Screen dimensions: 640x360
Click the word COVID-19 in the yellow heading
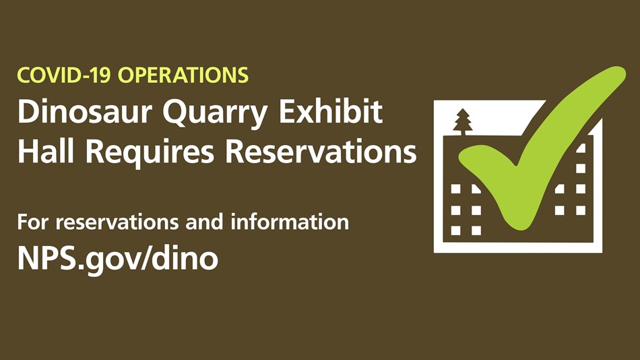64,76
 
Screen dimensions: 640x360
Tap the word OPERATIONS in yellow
183,76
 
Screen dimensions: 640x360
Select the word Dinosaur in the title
85,111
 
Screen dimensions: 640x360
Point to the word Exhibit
331,111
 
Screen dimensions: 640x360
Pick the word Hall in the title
46,151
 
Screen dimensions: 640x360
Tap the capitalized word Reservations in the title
321,151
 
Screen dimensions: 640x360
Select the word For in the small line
34,222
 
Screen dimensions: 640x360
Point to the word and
204,222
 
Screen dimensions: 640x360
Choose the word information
290,222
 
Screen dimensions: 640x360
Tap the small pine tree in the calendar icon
462,122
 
